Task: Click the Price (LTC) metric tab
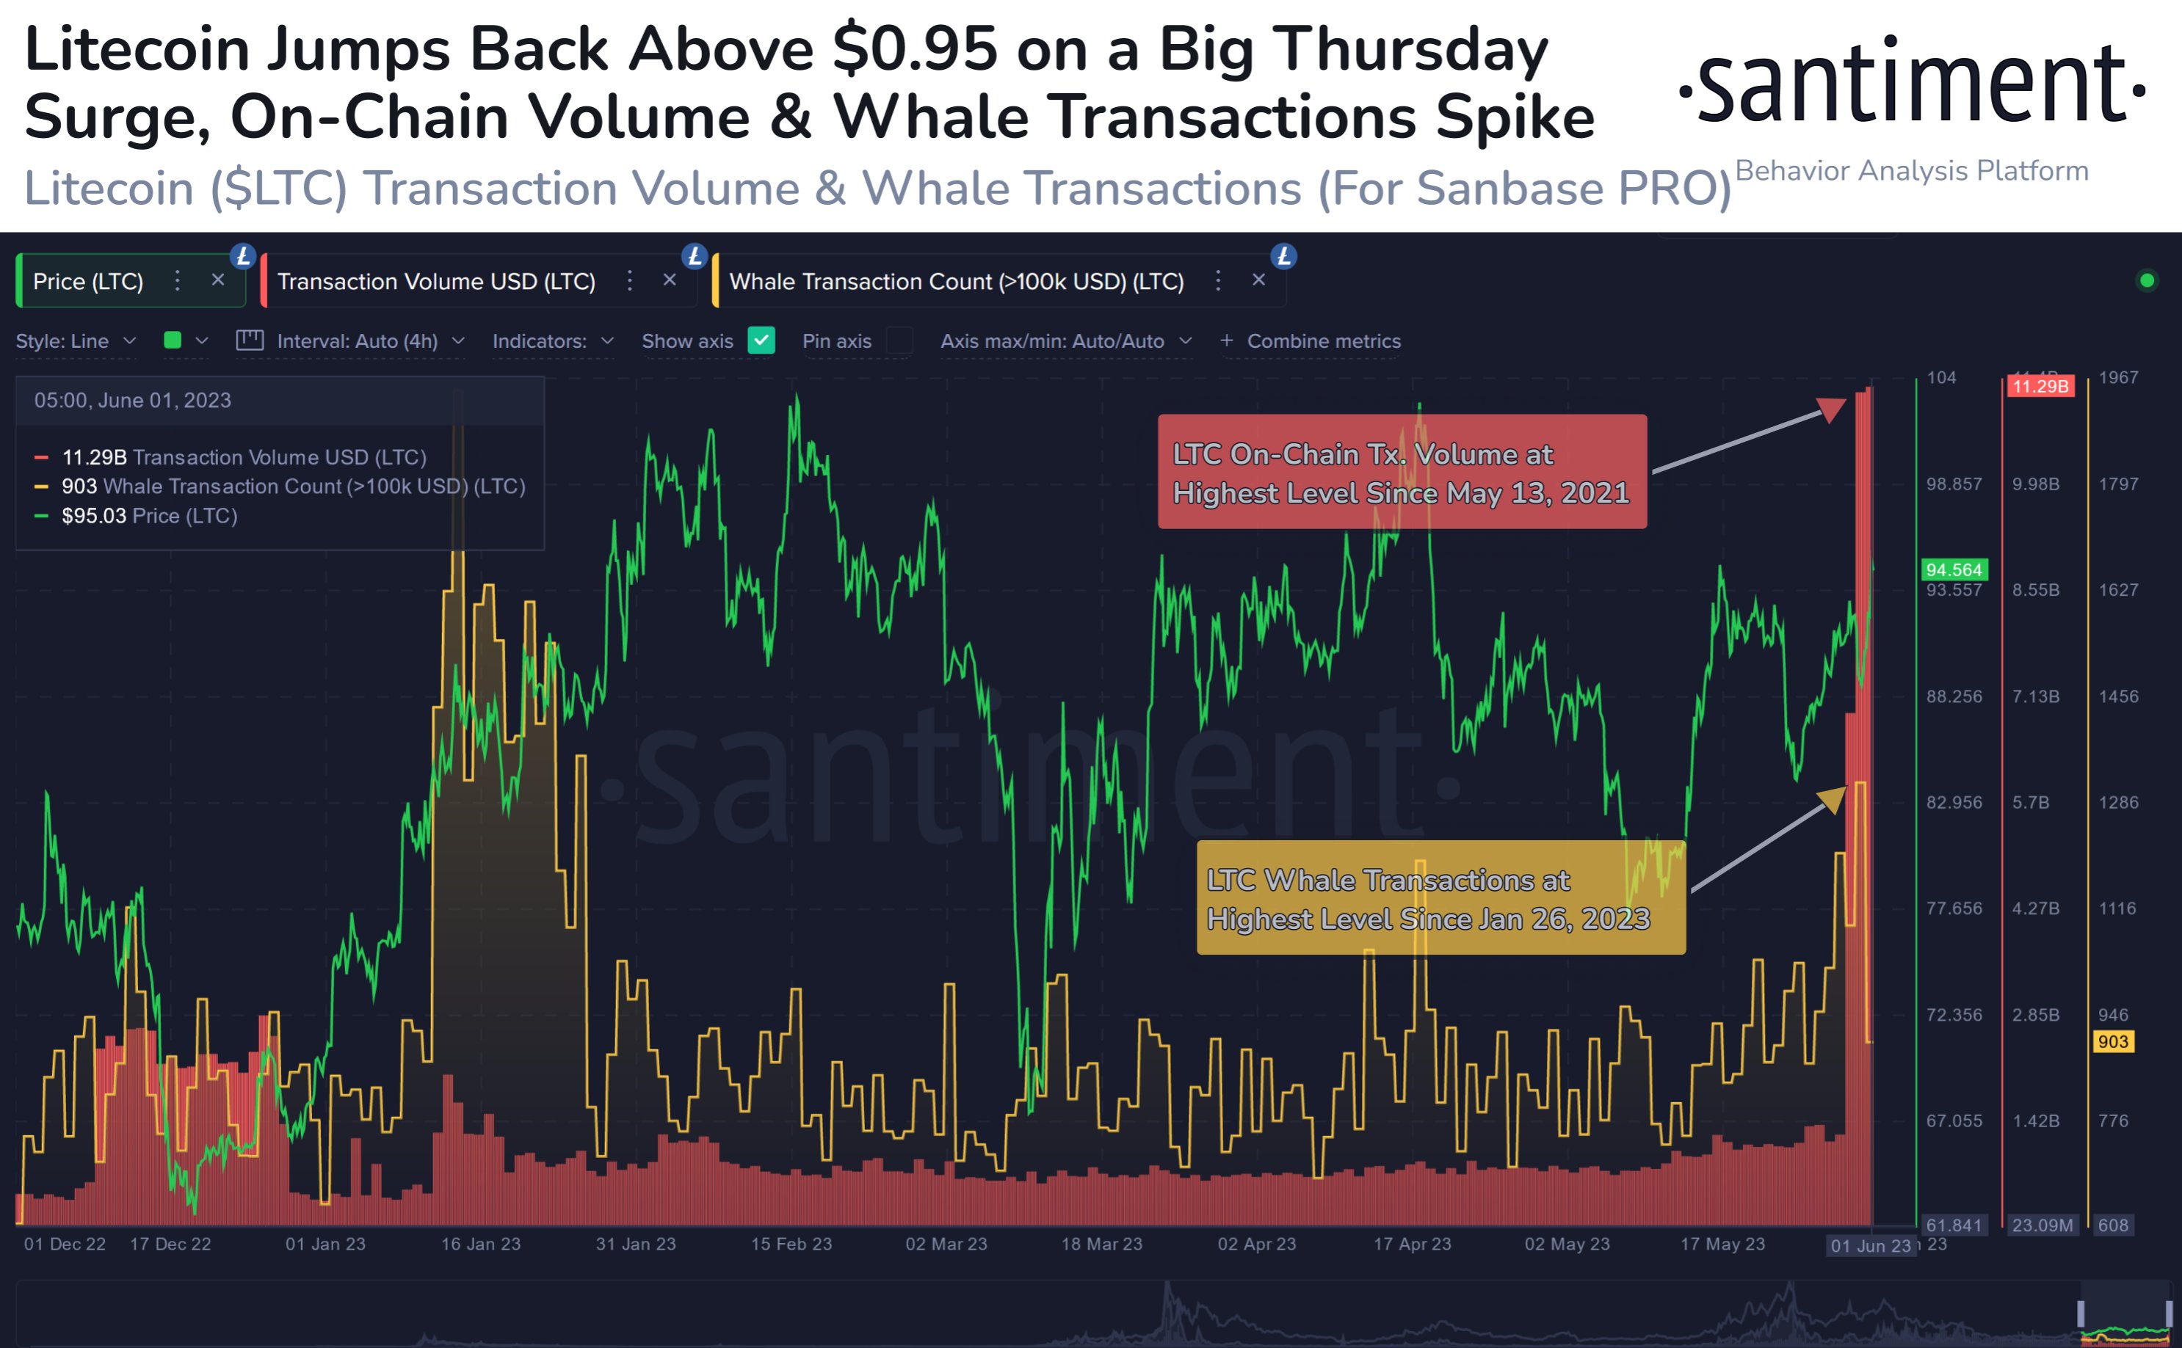pyautogui.click(x=88, y=282)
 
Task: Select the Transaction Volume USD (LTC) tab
pyautogui.click(x=436, y=282)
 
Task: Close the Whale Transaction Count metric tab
pyautogui.click(x=1258, y=280)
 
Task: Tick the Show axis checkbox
pyautogui.click(x=761, y=340)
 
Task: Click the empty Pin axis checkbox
pyautogui.click(x=899, y=340)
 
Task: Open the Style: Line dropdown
pyautogui.click(x=76, y=340)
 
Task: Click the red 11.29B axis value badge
pyautogui.click(x=2040, y=386)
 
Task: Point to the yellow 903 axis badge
pyautogui.click(x=2112, y=1041)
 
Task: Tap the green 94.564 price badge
pyautogui.click(x=1953, y=569)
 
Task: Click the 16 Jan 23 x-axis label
pyautogui.click(x=481, y=1244)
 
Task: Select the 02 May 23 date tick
pyautogui.click(x=1567, y=1244)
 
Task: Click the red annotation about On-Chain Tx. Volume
pyautogui.click(x=1401, y=473)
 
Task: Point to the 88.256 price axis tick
pyautogui.click(x=1954, y=696)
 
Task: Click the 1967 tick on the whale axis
pyautogui.click(x=2118, y=377)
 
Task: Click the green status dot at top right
pyautogui.click(x=2147, y=281)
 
